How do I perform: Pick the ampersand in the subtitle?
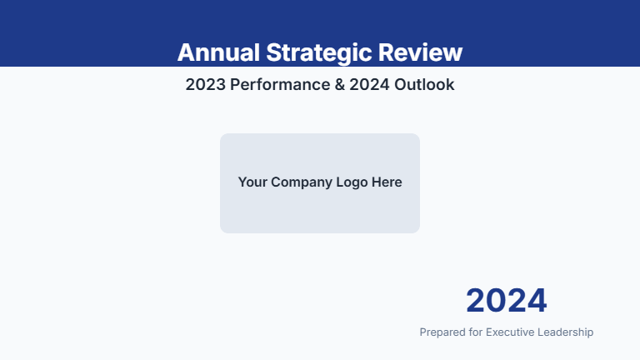340,85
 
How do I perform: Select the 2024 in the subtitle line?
371,85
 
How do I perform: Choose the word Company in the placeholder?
301,182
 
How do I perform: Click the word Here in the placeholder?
387,182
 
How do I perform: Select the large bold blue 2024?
506,301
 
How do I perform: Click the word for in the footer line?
475,332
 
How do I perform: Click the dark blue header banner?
83,25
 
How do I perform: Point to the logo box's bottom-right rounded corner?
417,230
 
